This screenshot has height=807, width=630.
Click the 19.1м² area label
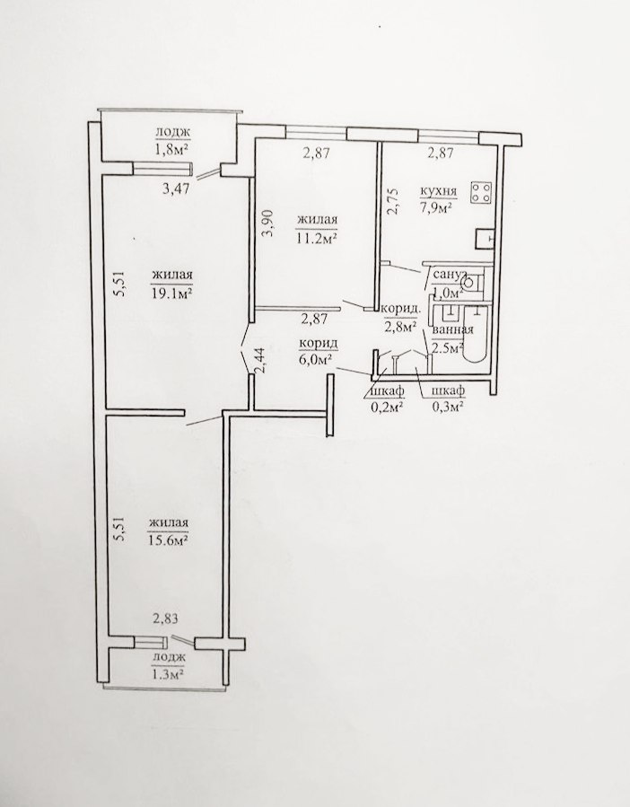click(172, 294)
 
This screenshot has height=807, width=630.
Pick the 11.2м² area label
click(317, 237)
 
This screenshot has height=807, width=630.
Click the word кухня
click(439, 191)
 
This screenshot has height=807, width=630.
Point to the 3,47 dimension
click(177, 189)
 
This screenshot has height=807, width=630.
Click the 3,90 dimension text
click(267, 224)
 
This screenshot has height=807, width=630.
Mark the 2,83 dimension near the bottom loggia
click(165, 618)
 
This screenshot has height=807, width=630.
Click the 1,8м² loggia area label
click(171, 150)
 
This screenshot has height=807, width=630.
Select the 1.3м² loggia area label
click(169, 673)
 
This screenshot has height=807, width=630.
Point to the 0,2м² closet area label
click(386, 407)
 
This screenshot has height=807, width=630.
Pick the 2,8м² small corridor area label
click(400, 326)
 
